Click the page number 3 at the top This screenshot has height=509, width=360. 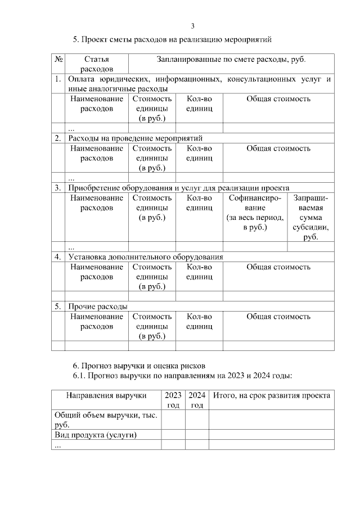[x=192, y=26]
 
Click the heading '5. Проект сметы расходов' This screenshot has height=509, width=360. [x=173, y=40]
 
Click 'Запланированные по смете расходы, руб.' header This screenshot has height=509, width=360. [x=231, y=59]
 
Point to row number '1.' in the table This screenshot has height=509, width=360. [x=58, y=80]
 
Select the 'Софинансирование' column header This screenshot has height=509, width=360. [x=255, y=213]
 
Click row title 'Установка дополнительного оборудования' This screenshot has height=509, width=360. [x=146, y=257]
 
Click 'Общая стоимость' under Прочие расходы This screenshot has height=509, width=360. [x=278, y=317]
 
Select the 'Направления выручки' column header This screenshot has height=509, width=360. [x=107, y=395]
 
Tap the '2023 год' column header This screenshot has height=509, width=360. [x=173, y=399]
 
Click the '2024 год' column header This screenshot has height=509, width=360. [x=197, y=399]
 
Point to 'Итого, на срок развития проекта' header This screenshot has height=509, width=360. [x=271, y=395]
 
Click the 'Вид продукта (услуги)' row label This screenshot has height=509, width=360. [x=96, y=435]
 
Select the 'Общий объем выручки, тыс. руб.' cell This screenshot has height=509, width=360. [x=107, y=420]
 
